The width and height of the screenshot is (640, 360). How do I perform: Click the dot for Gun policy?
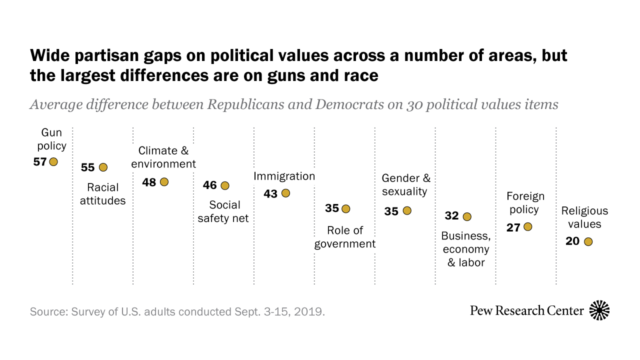click(53, 161)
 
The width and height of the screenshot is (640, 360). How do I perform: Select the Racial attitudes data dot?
click(103, 167)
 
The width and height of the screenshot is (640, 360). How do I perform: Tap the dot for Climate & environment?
click(164, 182)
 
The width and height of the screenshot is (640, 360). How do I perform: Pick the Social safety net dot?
click(225, 185)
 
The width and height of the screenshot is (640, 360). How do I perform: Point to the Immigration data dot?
click(285, 193)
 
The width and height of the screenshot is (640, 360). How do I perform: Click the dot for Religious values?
click(588, 241)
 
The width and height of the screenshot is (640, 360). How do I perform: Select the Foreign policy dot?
click(527, 227)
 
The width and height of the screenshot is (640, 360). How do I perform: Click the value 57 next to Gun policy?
click(40, 161)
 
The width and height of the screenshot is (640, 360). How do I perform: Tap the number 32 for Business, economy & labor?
click(451, 216)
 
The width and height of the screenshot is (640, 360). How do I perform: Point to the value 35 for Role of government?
click(332, 208)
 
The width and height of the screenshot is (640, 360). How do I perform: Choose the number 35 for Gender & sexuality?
click(391, 211)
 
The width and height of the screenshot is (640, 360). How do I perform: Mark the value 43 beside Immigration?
click(270, 193)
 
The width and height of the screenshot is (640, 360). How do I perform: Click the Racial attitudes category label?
click(103, 194)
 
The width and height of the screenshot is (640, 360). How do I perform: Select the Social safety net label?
click(223, 211)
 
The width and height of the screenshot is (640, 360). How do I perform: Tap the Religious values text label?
click(584, 217)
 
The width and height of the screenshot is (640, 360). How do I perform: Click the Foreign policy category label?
click(525, 202)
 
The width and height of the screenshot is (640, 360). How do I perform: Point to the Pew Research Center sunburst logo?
click(599, 310)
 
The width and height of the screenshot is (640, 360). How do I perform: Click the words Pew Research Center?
click(526, 310)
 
